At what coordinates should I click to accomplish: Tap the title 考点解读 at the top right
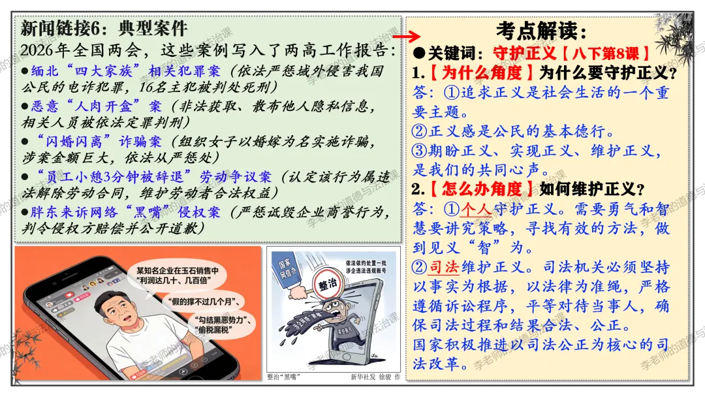[541, 30]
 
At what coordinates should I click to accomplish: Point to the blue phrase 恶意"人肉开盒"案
[96, 106]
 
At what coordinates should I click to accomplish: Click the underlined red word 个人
[475, 210]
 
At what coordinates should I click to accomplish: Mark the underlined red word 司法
[445, 267]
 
